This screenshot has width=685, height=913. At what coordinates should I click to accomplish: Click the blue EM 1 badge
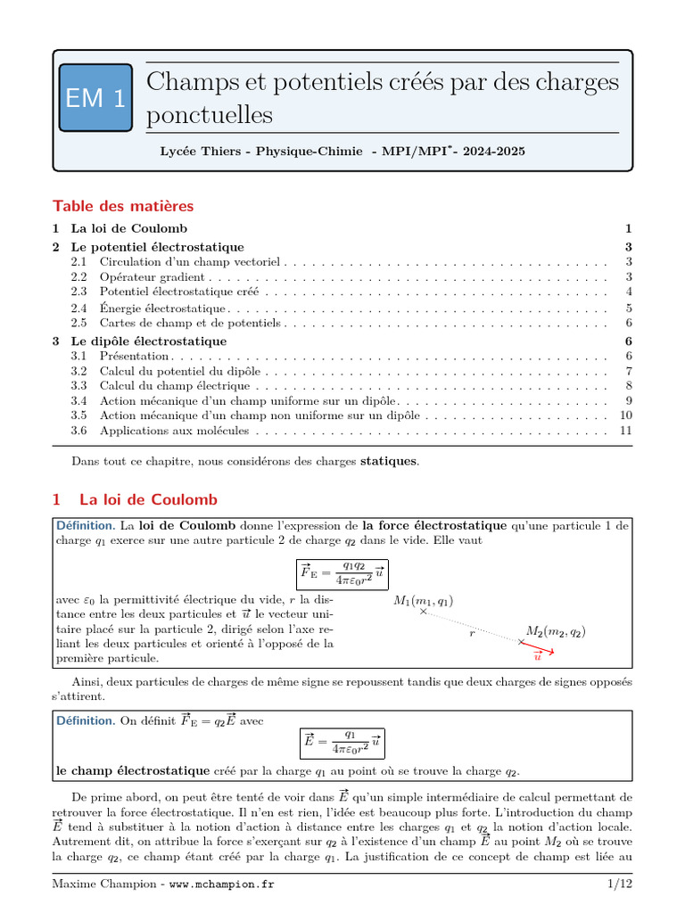95,99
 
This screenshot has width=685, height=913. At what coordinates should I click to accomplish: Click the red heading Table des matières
122,206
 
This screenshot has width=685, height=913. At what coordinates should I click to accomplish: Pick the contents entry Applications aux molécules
174,432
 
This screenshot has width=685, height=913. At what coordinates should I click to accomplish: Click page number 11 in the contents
625,432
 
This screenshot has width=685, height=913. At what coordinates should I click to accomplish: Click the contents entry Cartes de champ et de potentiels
187,323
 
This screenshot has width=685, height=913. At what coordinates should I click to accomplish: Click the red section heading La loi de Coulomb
148,500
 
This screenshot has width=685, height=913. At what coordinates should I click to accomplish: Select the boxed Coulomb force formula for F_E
342,575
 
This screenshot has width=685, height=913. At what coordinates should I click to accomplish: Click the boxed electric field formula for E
342,742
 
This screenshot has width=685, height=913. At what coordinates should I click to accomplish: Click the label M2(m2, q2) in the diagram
556,631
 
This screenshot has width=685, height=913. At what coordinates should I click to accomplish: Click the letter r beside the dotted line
472,633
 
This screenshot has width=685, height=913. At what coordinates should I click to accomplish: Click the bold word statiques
387,461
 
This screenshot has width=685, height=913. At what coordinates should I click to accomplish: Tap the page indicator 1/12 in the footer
619,883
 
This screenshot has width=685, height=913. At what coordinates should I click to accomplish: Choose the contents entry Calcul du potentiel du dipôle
181,371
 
